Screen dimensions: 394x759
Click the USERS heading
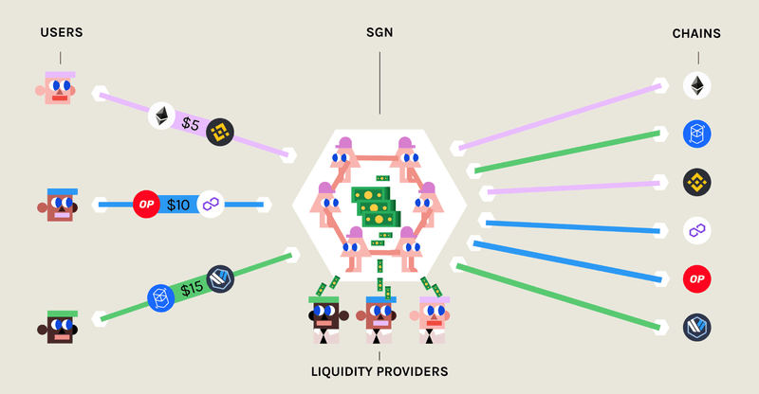pos(62,33)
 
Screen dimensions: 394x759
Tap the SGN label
pos(379,33)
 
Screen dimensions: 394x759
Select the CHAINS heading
pos(697,33)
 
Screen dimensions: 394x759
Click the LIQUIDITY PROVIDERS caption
pos(379,371)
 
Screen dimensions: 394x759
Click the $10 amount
pos(178,204)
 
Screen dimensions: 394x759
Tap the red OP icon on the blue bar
pos(145,204)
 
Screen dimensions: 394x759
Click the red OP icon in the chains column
pos(697,279)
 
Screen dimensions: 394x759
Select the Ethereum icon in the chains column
pos(697,86)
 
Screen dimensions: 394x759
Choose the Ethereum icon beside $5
pos(161,116)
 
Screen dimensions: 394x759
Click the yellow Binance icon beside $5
pos(221,130)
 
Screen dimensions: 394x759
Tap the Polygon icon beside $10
pos(211,204)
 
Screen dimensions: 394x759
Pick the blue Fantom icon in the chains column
pos(697,133)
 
